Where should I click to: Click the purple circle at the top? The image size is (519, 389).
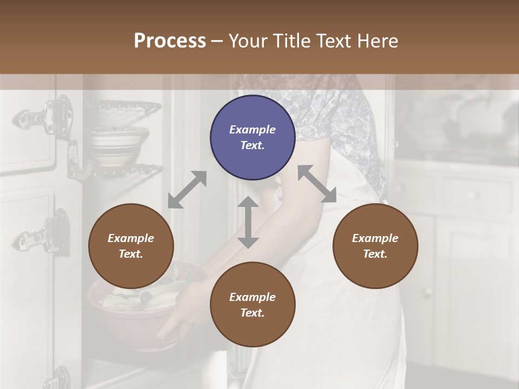tap(252, 138)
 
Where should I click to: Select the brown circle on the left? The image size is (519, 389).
tap(131, 246)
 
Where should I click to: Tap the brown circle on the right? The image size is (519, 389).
tap(375, 246)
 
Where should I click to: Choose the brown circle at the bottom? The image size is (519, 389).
tap(252, 305)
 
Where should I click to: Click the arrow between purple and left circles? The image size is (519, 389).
tap(187, 190)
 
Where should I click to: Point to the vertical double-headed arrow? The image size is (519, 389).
tap(248, 222)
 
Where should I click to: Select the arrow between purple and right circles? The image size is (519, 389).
tap(317, 184)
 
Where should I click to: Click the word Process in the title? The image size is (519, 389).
tap(170, 41)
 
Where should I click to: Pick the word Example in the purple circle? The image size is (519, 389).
tap(252, 130)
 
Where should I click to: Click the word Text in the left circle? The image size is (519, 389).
tap(131, 254)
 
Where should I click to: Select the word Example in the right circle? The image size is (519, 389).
tap(375, 238)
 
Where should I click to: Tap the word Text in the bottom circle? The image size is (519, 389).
tap(252, 313)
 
